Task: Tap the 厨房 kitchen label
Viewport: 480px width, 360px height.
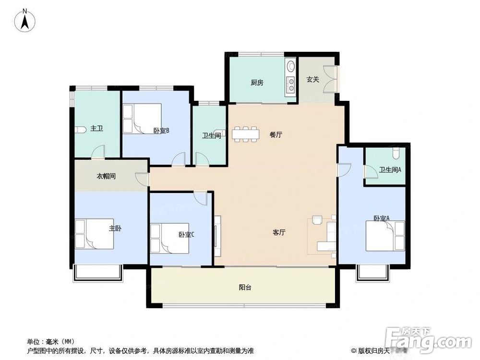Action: coord(257,82)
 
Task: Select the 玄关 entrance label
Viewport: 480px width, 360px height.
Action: coord(313,79)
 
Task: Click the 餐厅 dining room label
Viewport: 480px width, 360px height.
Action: coord(276,135)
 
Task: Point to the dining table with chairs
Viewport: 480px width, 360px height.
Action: coord(245,134)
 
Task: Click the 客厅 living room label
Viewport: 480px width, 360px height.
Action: coord(279,232)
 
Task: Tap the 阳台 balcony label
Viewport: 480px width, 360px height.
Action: coord(245,288)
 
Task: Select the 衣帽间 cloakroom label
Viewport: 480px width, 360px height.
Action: coord(106,176)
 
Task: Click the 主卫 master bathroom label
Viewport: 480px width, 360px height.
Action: coord(97,128)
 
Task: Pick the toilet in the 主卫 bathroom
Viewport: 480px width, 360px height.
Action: coord(80,129)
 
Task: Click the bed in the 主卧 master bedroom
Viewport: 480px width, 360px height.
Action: coord(95,234)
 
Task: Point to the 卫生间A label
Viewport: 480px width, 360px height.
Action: coord(390,169)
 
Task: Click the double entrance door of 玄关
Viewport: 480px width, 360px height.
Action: coord(331,79)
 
